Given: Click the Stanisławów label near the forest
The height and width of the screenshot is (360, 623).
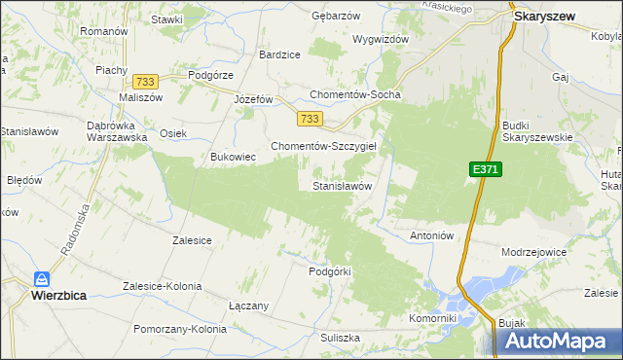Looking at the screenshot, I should click(x=342, y=185).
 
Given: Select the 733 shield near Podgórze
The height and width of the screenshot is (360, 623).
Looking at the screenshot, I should click(x=147, y=82).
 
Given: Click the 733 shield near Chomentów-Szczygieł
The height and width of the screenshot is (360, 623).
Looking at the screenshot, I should click(x=310, y=119).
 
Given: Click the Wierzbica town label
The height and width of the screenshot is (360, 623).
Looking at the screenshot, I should click(x=40, y=293).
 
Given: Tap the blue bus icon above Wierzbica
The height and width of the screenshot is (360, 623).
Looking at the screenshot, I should click(x=41, y=277).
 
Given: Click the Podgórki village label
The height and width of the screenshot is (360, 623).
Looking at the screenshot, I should click(x=328, y=271).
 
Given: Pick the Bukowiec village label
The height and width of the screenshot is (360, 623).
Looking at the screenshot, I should click(x=233, y=156).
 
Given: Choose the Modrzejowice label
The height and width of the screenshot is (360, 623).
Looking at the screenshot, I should click(x=533, y=251).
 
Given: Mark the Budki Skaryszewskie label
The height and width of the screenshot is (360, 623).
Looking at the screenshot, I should click(x=536, y=131).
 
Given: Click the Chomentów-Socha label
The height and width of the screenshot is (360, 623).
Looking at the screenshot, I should click(x=354, y=94).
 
